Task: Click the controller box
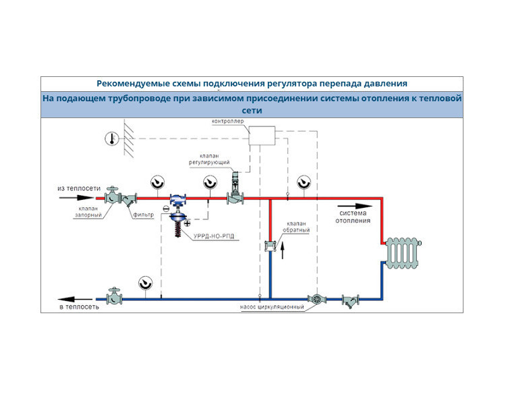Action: click(262, 136)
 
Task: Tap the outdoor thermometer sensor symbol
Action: click(111, 139)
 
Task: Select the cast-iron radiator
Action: click(403, 253)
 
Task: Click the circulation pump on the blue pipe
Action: click(316, 299)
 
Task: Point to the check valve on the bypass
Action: click(270, 246)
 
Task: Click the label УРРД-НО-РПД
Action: click(214, 236)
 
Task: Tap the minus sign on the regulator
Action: click(166, 209)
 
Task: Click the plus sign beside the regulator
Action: click(187, 223)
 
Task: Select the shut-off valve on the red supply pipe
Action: click(113, 196)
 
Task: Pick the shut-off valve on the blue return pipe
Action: click(114, 296)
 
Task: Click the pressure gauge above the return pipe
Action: click(145, 283)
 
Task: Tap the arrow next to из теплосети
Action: click(76, 198)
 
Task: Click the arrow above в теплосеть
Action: click(75, 300)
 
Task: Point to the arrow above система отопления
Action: click(355, 206)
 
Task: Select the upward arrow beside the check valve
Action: click(283, 250)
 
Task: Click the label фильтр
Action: click(144, 215)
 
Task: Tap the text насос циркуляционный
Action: click(272, 307)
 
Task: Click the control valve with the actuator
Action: click(235, 189)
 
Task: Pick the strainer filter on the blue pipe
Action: click(350, 300)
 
